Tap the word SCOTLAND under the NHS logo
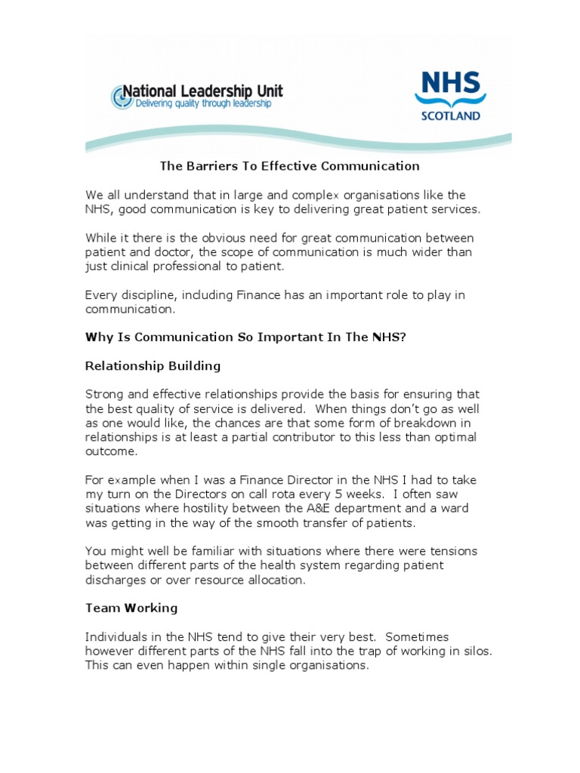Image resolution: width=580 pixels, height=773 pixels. point(450,116)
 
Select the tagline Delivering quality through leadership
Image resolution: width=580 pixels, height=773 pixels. point(202,104)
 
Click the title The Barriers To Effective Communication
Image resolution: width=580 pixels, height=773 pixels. point(289,166)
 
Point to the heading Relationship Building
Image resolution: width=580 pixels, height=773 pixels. point(153,366)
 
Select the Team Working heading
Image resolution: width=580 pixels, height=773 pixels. point(131,608)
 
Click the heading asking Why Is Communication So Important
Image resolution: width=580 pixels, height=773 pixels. point(245,337)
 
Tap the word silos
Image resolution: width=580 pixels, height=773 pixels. point(474,651)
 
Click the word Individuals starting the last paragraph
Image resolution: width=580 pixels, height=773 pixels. point(119,637)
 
